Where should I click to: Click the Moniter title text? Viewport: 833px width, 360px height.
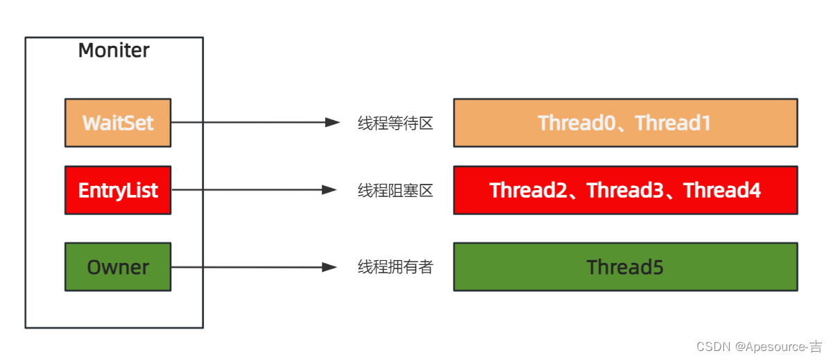[x=114, y=51]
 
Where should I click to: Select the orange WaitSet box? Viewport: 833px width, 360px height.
[x=118, y=123]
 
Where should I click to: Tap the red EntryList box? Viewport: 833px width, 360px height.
[x=118, y=190]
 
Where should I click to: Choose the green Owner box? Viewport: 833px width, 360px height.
[x=118, y=267]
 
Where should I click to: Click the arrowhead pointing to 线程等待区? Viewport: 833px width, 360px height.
[x=332, y=123]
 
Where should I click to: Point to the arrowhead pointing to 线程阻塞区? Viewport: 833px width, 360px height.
[x=331, y=190]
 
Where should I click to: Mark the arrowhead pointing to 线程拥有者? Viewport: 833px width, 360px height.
[x=331, y=267]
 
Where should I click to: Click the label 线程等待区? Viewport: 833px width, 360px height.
[x=395, y=123]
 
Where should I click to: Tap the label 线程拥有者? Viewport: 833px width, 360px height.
[x=395, y=267]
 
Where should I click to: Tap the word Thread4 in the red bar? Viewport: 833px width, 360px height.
[x=722, y=190]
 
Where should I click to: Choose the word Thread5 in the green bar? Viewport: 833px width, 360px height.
[x=625, y=267]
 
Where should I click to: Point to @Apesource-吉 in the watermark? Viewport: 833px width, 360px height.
[x=779, y=346]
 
